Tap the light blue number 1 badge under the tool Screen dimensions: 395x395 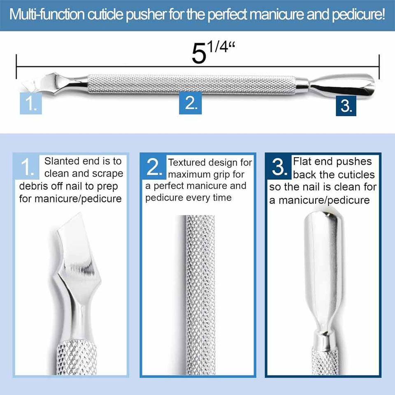pos(31,103)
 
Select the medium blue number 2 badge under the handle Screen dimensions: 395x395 pos(190,103)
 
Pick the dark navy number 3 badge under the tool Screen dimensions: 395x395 pos(346,106)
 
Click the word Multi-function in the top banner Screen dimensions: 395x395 pos(47,15)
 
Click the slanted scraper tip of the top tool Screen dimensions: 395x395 pos(30,83)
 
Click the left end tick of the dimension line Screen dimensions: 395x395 pos(16,67)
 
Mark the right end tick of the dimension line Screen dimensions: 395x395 pos(379,67)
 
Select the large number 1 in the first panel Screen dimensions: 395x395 pos(27,167)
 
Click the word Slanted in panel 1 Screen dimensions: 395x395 pos(61,161)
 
